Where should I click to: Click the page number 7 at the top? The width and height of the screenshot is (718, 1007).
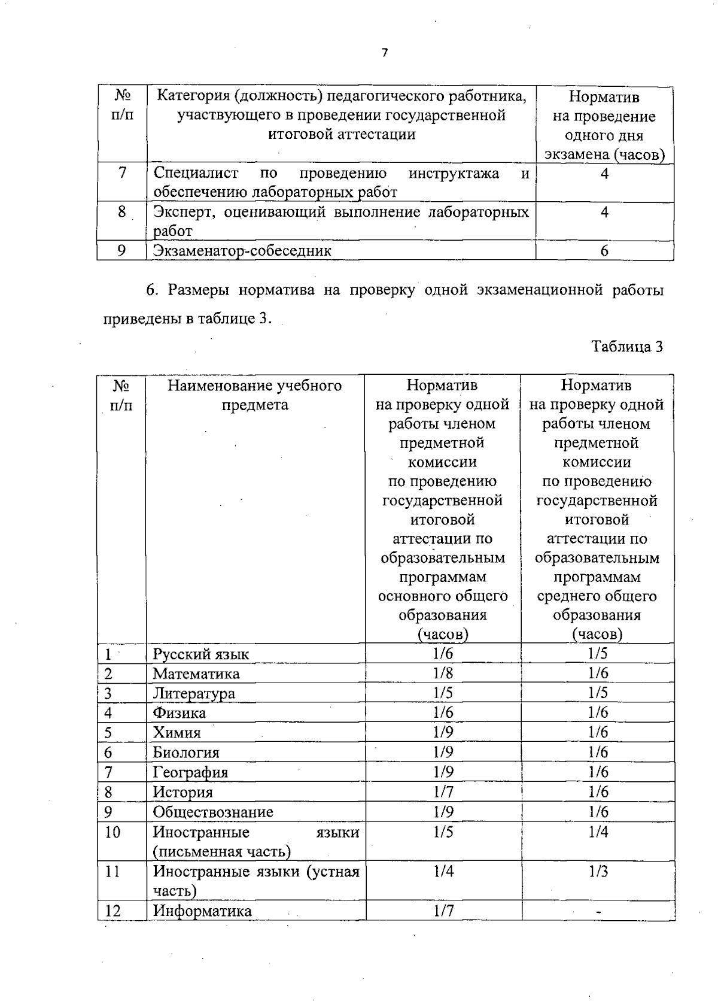(x=385, y=53)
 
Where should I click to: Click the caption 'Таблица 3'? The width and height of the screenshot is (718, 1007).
(x=627, y=347)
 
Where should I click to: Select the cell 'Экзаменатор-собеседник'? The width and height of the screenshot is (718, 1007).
(x=242, y=250)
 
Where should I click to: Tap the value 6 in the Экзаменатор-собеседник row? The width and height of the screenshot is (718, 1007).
(x=604, y=251)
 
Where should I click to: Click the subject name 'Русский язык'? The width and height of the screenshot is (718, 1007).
(x=201, y=654)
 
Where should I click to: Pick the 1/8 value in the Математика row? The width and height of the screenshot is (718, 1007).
(x=443, y=673)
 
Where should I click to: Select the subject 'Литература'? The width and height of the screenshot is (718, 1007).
(x=194, y=693)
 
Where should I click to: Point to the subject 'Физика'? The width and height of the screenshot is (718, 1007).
(x=180, y=713)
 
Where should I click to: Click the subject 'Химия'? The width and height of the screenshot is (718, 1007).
(x=177, y=733)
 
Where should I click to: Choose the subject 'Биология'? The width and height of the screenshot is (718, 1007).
(x=186, y=753)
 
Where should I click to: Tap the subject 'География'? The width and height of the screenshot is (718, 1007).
(x=190, y=772)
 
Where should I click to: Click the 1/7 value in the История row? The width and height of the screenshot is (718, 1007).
(x=443, y=792)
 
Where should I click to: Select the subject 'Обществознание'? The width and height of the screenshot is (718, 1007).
(x=213, y=812)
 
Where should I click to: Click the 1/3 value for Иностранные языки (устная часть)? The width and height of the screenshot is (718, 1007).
(x=598, y=871)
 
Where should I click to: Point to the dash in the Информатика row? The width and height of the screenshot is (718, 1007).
(x=598, y=911)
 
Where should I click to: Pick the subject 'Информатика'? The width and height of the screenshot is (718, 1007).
(x=202, y=911)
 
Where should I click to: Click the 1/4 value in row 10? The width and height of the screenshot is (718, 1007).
(x=598, y=832)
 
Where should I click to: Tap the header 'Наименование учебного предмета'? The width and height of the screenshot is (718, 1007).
(x=255, y=395)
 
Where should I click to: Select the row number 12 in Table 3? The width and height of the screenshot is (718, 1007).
(x=113, y=911)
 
